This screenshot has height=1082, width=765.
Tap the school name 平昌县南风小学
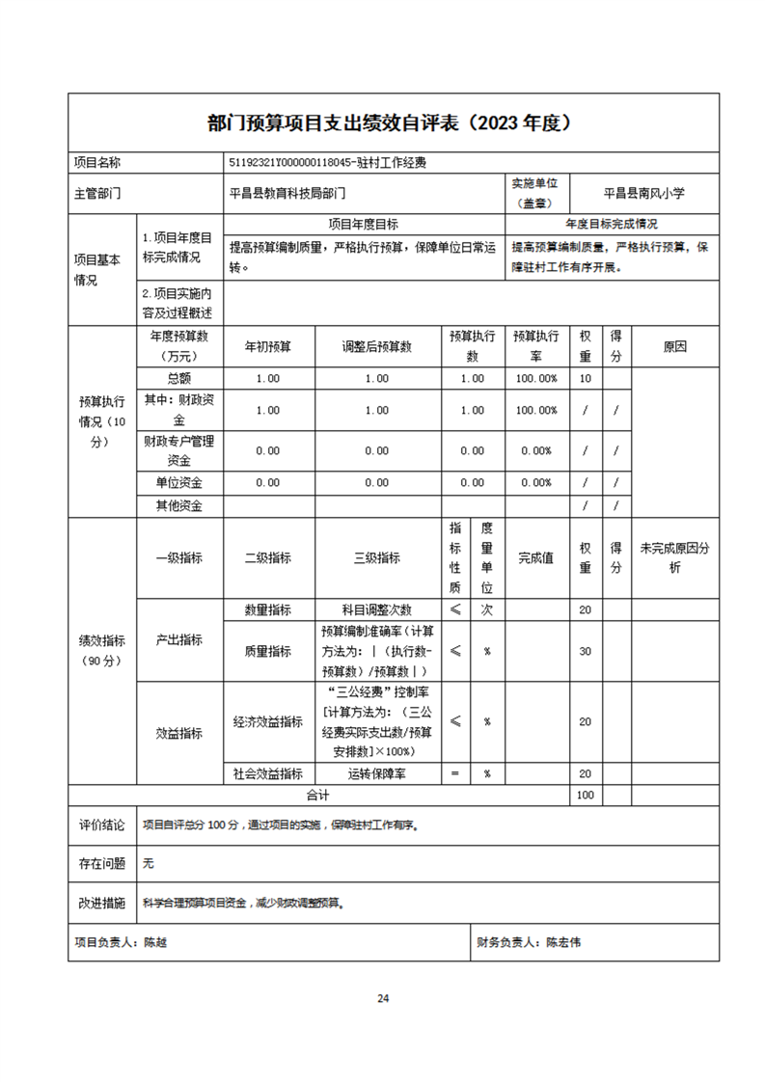(643, 193)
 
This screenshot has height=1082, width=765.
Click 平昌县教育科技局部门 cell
(287, 193)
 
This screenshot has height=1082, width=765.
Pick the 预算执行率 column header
(535, 347)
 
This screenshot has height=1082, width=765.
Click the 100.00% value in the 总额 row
(535, 378)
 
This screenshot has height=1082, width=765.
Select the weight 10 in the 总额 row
(585, 378)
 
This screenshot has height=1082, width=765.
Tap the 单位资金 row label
(179, 482)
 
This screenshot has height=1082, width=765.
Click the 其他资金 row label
(179, 505)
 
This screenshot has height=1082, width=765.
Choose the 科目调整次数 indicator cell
(377, 609)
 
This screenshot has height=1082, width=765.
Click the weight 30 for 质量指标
(585, 651)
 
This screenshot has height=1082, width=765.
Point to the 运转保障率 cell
(377, 773)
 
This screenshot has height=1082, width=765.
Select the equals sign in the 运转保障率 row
(454, 773)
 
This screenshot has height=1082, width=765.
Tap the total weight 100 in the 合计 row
(585, 796)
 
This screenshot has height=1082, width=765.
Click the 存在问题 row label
(101, 864)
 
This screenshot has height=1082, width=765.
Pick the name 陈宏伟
(563, 942)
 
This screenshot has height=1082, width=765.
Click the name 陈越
(154, 942)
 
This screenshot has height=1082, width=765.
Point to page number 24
(383, 998)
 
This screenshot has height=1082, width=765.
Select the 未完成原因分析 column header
(674, 557)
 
